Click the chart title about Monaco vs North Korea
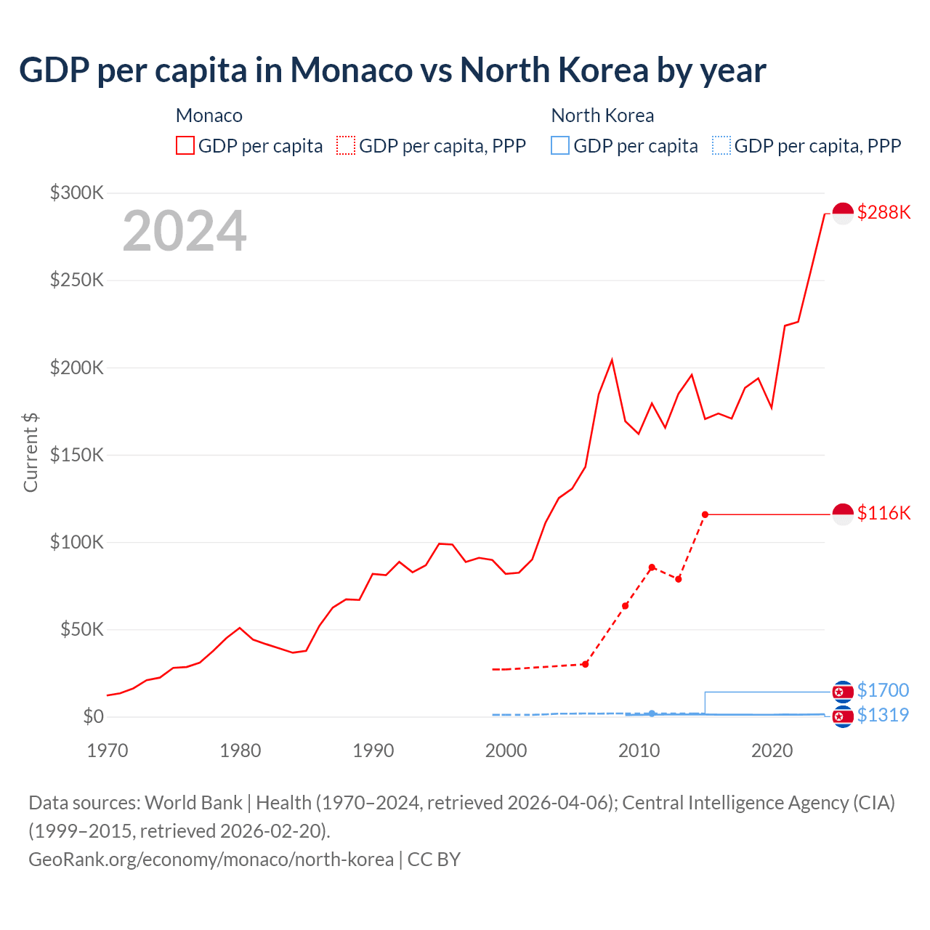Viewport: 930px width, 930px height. [x=392, y=70]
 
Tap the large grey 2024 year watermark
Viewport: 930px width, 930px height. [x=185, y=231]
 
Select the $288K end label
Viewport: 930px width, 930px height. [x=883, y=212]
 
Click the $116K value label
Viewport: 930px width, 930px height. [x=883, y=513]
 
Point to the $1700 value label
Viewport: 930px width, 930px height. [x=883, y=690]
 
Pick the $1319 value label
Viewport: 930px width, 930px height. [x=883, y=715]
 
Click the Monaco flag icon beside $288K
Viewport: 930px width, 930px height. [x=843, y=214]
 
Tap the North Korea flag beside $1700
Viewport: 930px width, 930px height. [x=843, y=691]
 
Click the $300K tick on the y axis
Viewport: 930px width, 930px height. [x=77, y=193]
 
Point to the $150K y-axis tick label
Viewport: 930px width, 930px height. [x=77, y=455]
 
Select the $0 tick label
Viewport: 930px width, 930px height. [x=93, y=716]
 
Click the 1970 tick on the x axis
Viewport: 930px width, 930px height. [x=108, y=751]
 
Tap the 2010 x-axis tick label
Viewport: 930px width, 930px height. [x=639, y=751]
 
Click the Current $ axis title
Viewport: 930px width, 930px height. [x=31, y=452]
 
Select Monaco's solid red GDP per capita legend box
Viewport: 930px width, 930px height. [x=185, y=146]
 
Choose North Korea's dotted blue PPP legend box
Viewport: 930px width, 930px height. [x=721, y=146]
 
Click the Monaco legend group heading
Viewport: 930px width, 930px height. [x=209, y=116]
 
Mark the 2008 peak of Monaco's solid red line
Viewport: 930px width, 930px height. [x=612, y=360]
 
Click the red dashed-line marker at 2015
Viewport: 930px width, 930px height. [x=705, y=514]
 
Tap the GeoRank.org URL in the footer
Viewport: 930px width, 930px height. [x=211, y=860]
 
